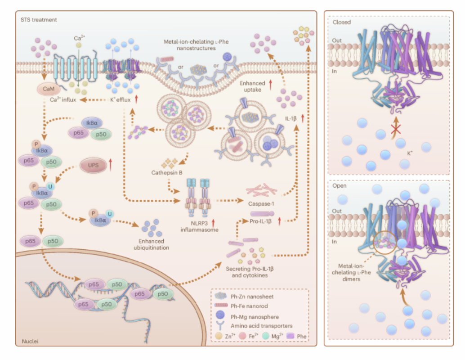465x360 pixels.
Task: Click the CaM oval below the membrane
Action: coord(48,89)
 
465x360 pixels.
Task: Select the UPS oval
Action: coord(93,165)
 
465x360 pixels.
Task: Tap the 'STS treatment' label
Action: coord(39,20)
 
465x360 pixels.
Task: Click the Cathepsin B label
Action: coord(167,173)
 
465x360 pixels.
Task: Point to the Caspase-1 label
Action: coord(261,204)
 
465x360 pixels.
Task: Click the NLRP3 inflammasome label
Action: coord(199,226)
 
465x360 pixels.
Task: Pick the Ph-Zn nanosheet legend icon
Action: coord(220,296)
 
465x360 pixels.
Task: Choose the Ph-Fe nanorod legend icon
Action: coord(221,305)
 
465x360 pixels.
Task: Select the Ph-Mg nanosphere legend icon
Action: coord(220,315)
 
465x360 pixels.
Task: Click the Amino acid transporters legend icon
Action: coord(220,325)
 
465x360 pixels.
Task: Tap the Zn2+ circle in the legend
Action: coord(219,336)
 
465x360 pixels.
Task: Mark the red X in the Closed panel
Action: coord(396,129)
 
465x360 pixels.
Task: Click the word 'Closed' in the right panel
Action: coord(342,22)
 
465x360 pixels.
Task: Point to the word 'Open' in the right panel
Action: coord(339,186)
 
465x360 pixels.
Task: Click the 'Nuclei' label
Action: coord(30,341)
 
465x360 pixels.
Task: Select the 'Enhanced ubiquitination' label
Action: coord(151,244)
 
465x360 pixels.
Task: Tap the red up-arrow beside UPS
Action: coord(111,165)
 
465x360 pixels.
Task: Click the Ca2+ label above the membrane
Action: coord(79,38)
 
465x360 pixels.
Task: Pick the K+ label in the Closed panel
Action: coord(410,153)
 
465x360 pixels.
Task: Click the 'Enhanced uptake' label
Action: coord(252,86)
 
